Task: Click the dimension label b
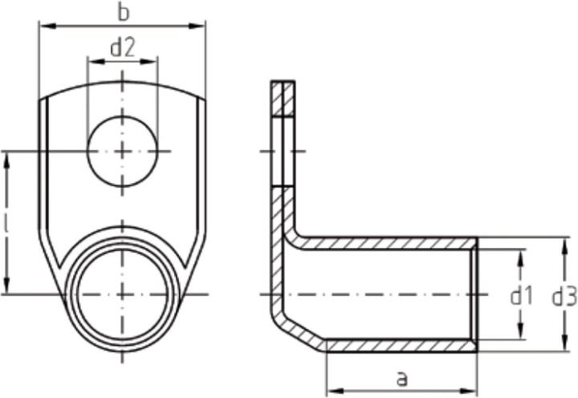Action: [x=122, y=14]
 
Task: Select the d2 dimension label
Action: [x=122, y=48]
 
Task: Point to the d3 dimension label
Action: [x=564, y=296]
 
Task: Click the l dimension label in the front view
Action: [x=8, y=227]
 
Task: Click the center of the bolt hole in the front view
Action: [x=122, y=151]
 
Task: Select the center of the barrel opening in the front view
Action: [x=122, y=294]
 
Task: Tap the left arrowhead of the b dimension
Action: [x=45, y=26]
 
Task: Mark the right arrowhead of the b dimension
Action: [x=200, y=26]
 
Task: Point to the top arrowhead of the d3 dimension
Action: [x=560, y=243]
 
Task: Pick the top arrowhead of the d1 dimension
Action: [x=521, y=254]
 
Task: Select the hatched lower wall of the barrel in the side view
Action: [x=401, y=346]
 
